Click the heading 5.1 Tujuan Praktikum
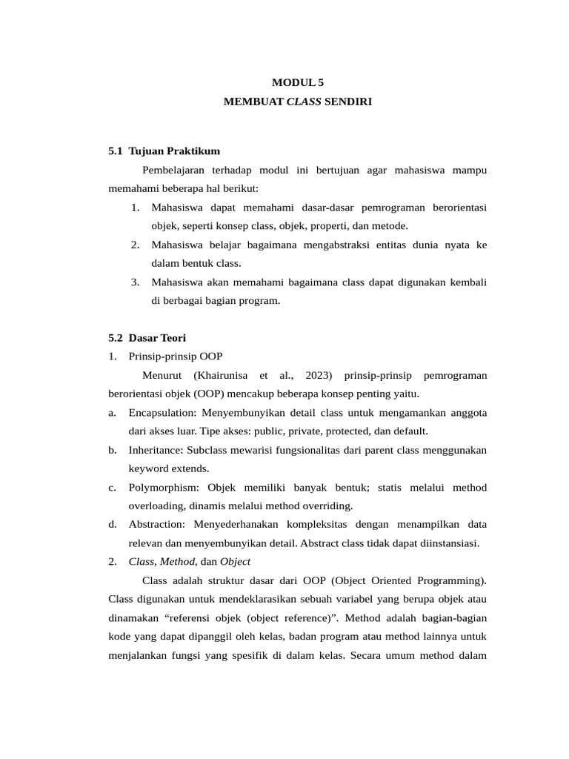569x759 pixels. pos(164,151)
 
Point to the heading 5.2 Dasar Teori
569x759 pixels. pos(147,338)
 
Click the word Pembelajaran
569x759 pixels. pos(177,170)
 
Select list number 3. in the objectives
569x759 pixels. pos(136,282)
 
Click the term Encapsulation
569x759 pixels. pos(157,413)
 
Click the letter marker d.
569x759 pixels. pos(112,525)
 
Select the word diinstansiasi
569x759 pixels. pos(450,543)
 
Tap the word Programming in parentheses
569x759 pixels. pos(455,580)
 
